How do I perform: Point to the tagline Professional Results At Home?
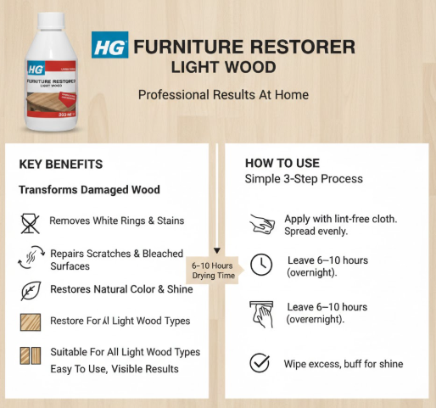pyautogui.click(x=223, y=94)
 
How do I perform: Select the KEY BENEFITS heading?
pyautogui.click(x=60, y=165)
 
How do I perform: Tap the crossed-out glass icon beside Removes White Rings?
pyautogui.click(x=30, y=222)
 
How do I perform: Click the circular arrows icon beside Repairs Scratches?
pyautogui.click(x=30, y=257)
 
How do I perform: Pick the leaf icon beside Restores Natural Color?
pyautogui.click(x=30, y=290)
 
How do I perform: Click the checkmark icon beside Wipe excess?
pyautogui.click(x=260, y=364)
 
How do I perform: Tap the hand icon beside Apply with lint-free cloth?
pyautogui.click(x=260, y=224)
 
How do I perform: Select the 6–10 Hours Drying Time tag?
pyautogui.click(x=215, y=269)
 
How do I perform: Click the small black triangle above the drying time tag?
pyautogui.click(x=216, y=251)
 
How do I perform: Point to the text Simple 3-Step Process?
pyautogui.click(x=304, y=179)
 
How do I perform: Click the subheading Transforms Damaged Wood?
pyautogui.click(x=89, y=189)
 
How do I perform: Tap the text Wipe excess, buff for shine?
pyautogui.click(x=343, y=364)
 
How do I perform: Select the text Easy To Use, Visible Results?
pyautogui.click(x=114, y=369)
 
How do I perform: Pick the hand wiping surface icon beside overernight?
pyautogui.click(x=260, y=313)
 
